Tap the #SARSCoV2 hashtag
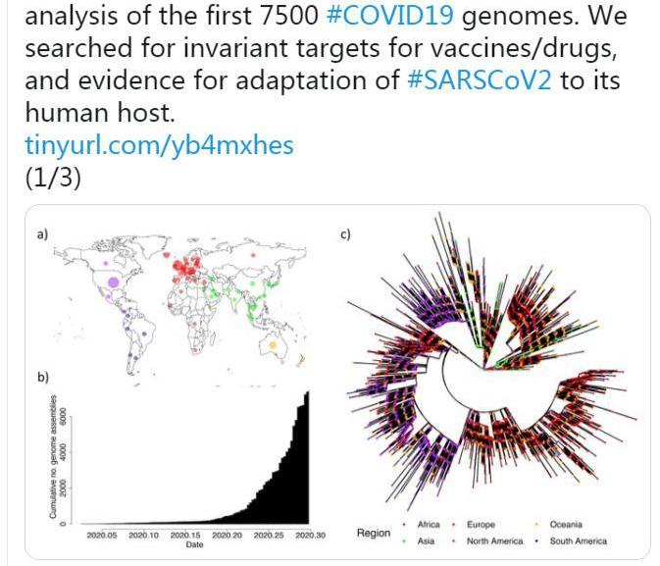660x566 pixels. (476, 79)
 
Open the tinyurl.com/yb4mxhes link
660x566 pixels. (159, 145)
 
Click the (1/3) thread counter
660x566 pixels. (52, 178)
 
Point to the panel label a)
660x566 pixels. (42, 233)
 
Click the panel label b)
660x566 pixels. (42, 377)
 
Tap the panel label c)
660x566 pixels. (345, 233)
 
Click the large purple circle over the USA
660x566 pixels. (113, 283)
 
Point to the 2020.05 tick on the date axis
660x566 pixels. (102, 535)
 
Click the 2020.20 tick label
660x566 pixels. (228, 535)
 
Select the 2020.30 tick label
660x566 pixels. (311, 535)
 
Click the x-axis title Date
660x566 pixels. (194, 544)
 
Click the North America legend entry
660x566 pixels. (493, 540)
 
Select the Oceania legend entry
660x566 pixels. (566, 525)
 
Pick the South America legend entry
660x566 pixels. (578, 540)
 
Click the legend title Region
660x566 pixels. (373, 533)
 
